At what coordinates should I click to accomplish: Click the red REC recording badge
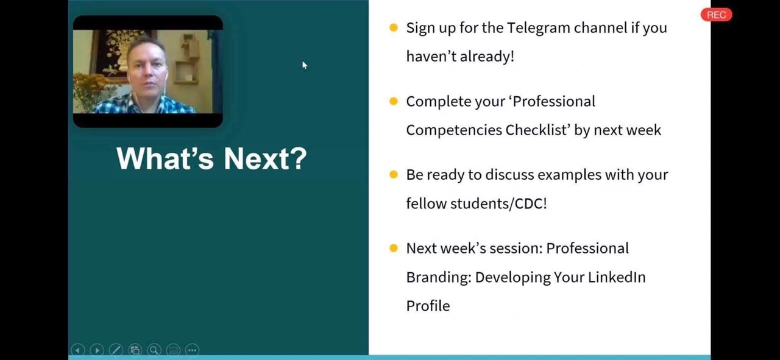click(716, 15)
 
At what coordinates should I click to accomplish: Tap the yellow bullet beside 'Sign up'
click(394, 27)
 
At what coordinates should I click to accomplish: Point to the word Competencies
click(454, 130)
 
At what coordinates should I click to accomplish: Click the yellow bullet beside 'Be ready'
click(394, 174)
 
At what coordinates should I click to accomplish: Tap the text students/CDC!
click(498, 203)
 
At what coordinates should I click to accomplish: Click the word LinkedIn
click(617, 277)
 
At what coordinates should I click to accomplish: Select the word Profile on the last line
click(428, 306)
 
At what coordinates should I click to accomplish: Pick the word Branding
click(439, 278)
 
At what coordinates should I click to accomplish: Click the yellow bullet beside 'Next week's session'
click(394, 249)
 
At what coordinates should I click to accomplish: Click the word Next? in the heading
click(265, 158)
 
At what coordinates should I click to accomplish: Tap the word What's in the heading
click(165, 158)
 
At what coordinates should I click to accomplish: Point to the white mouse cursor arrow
click(305, 65)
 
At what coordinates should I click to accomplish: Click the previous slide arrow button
click(77, 350)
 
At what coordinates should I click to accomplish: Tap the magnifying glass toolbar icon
click(154, 350)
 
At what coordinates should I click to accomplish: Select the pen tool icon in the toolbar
click(116, 350)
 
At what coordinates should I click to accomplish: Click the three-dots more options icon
click(192, 350)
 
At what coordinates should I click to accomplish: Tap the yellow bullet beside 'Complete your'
click(394, 101)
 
